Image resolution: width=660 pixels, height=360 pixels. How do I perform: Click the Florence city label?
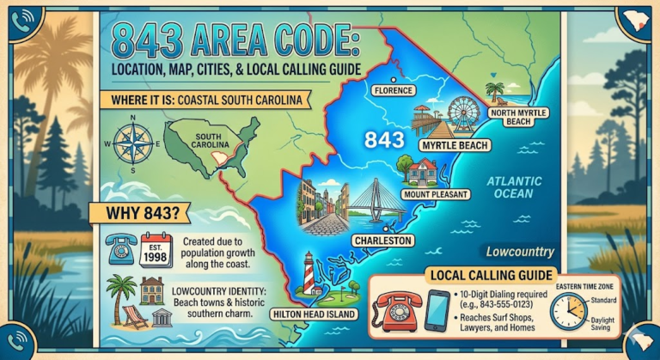click(x=394, y=89)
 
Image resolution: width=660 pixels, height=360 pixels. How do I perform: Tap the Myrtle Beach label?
click(x=455, y=145)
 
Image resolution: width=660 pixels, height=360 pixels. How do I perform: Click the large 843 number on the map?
click(x=383, y=139)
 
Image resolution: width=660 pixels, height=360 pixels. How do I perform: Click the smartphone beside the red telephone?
click(x=438, y=310)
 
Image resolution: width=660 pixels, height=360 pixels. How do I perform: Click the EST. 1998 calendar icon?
click(x=157, y=248)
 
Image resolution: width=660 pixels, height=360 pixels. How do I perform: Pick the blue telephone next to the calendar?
click(x=120, y=248)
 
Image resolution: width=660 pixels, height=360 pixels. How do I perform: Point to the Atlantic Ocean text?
click(x=514, y=187)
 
